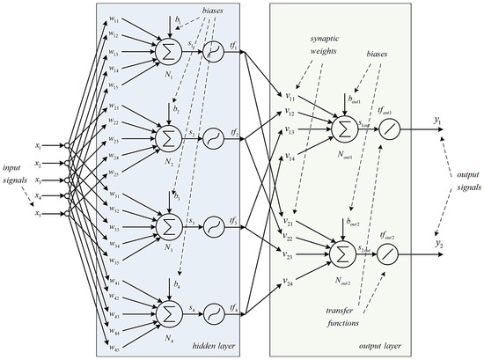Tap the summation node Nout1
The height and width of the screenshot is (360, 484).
[x=339, y=130]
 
